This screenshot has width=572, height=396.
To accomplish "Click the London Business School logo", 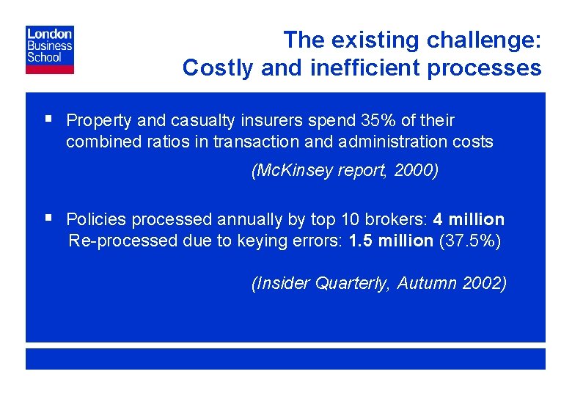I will pos(50,50).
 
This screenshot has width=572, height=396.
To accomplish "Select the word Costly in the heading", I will pos(216,67).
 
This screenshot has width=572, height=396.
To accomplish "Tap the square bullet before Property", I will pos(48,118).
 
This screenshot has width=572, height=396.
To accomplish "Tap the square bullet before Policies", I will pos(48,217).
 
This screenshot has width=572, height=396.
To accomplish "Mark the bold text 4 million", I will pos(469,219).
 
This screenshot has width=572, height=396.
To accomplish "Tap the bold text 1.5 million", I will pos(391,241).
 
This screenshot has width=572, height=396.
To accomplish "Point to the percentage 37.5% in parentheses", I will pos(469,241).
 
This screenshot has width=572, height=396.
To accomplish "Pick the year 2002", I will pos(485,284).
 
